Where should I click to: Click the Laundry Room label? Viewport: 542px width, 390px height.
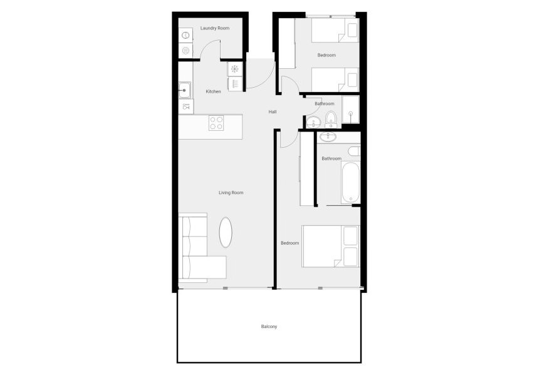click(214, 29)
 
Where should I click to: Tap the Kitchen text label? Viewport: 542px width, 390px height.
click(214, 92)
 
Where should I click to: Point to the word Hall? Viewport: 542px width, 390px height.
click(273, 112)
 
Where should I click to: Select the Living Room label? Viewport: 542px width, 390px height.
click(231, 193)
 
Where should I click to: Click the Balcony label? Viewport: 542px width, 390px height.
click(269, 327)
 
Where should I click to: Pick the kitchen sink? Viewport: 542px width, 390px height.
click(185, 91)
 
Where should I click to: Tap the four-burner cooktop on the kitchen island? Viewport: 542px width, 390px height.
click(216, 123)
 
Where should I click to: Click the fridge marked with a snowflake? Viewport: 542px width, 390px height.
click(235, 69)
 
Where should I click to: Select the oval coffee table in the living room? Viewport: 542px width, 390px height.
click(227, 232)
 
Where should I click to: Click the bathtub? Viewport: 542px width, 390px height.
click(351, 182)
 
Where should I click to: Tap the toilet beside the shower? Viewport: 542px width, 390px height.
click(331, 118)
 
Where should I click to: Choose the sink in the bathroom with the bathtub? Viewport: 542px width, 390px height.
click(328, 137)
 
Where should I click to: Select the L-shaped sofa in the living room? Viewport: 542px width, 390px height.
click(197, 250)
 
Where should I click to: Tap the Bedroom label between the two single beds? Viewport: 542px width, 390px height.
click(326, 56)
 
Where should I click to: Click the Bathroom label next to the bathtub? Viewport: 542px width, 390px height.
click(331, 159)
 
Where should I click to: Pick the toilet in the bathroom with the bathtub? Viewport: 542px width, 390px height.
click(354, 152)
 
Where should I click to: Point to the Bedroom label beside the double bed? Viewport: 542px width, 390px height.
click(289, 243)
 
